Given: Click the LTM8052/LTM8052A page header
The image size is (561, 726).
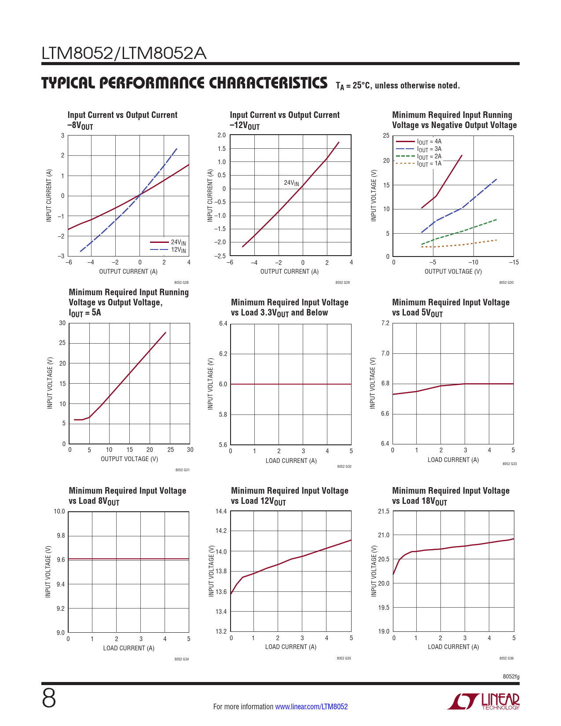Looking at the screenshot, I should click(124, 54).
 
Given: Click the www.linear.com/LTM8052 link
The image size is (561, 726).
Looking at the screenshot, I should click(311, 707).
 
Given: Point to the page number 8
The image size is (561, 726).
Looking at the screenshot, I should click(49, 698).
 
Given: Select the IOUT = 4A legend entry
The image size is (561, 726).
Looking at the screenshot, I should click(429, 142).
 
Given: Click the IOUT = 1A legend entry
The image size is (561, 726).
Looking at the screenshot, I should click(429, 164).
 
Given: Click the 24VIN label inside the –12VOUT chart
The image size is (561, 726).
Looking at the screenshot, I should click(291, 183).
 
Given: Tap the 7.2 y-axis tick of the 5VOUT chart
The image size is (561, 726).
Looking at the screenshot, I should click(385, 323).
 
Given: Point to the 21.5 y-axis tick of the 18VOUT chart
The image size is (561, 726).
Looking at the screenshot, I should click(384, 511).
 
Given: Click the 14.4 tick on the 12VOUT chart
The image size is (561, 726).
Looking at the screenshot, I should click(221, 511).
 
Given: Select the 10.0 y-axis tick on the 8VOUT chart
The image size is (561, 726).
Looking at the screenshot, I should click(59, 511).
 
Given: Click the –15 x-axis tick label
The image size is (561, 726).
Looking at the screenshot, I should click(513, 262).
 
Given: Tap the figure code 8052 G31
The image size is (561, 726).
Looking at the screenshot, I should click(182, 470).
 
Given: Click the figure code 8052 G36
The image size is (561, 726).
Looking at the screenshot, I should click(506, 658).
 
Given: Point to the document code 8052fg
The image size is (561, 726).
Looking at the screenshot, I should click(511, 677).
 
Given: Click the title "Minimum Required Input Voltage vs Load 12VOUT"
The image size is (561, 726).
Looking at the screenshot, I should click(290, 496).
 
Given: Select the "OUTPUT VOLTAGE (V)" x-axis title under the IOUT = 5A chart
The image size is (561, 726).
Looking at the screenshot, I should click(129, 459).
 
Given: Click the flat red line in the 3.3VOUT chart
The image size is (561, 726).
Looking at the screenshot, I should click(290, 384).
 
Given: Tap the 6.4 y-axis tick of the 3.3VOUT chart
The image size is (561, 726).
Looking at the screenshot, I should click(223, 324).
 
